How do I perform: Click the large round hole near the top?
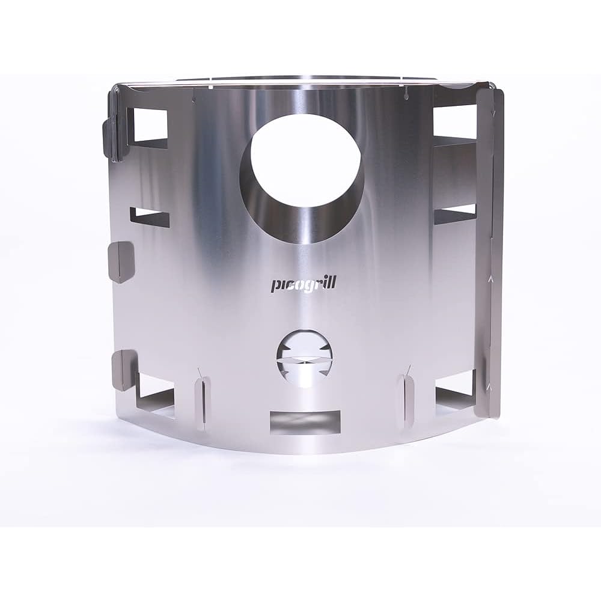[x=300, y=178]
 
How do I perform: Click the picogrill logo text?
[x=298, y=285]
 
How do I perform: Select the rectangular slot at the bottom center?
[x=305, y=423]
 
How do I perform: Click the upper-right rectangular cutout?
[x=454, y=127]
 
